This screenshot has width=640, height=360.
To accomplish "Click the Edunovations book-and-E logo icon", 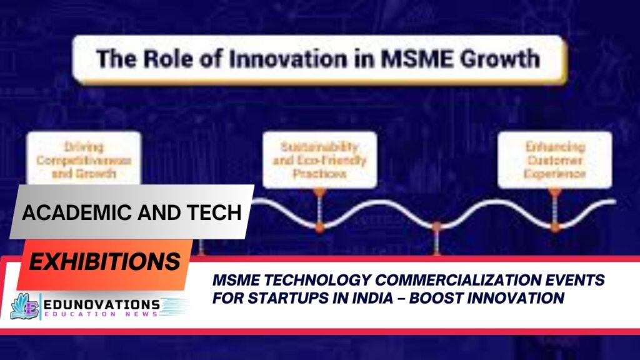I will click(24, 306).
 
